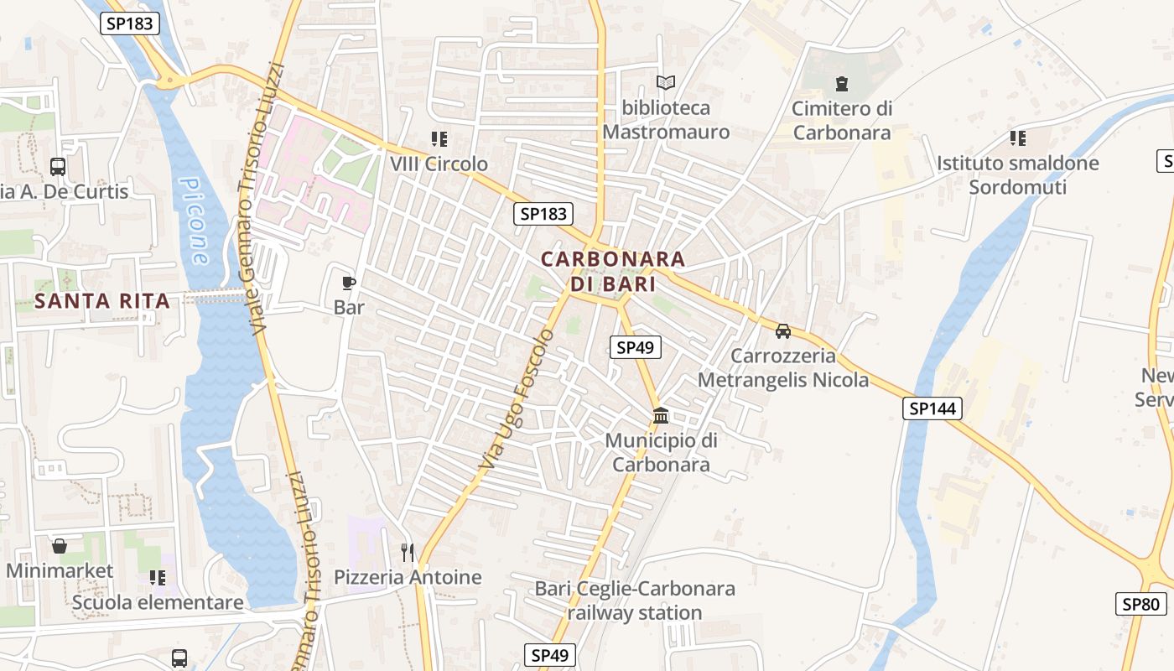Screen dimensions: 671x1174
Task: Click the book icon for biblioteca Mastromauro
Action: coord(666,83)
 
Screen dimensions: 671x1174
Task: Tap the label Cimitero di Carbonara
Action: coord(842,120)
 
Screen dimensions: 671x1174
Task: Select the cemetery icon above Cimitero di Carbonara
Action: coord(842,83)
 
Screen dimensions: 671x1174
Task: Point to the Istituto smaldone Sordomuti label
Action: coord(1017,174)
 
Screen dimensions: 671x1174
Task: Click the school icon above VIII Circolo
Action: coord(439,138)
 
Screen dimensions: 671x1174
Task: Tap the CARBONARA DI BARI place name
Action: coord(613,271)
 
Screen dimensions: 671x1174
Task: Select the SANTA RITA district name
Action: coord(102,301)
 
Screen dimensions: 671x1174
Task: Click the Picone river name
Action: coord(195,221)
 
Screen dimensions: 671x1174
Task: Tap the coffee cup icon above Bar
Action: coord(349,283)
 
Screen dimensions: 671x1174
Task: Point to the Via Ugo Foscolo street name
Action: coord(517,398)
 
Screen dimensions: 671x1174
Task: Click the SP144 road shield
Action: coord(932,408)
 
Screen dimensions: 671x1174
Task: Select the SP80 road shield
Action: coord(1141,603)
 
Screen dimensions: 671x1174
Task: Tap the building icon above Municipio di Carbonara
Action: coord(661,416)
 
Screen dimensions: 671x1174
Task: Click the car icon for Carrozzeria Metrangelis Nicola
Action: coord(783,331)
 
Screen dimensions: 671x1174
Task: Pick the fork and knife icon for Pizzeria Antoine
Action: coord(408,552)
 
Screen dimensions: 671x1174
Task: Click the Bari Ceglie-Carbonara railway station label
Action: coord(635,601)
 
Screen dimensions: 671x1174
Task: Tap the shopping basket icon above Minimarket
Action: coord(60,546)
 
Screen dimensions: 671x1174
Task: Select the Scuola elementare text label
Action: coord(158,602)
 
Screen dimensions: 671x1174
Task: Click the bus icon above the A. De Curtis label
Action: coord(58,166)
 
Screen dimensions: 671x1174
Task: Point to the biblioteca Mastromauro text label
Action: coord(666,120)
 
